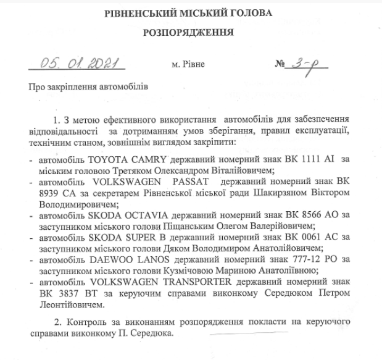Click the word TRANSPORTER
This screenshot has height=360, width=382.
point(181,282)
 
